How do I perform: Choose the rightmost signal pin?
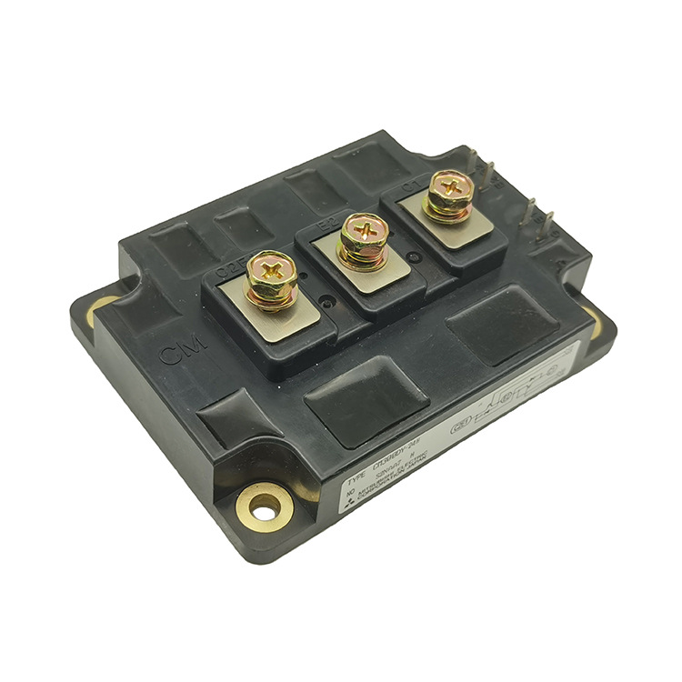click(x=548, y=219)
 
